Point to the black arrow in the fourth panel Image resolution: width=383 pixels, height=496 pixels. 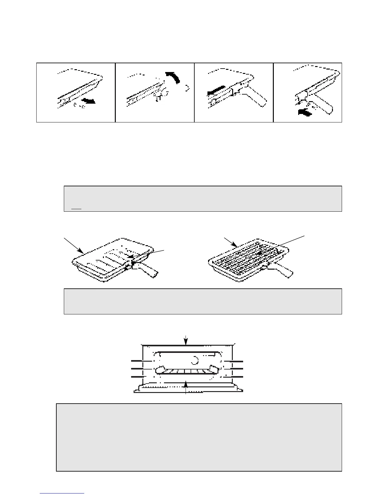point(304,112)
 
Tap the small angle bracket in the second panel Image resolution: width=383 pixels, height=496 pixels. point(187,89)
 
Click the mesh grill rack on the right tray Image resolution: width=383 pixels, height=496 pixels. point(244,257)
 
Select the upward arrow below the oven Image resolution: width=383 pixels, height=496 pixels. point(186,386)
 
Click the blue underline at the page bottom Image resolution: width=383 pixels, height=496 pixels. point(62,493)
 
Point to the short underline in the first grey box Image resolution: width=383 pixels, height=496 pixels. point(76,209)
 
